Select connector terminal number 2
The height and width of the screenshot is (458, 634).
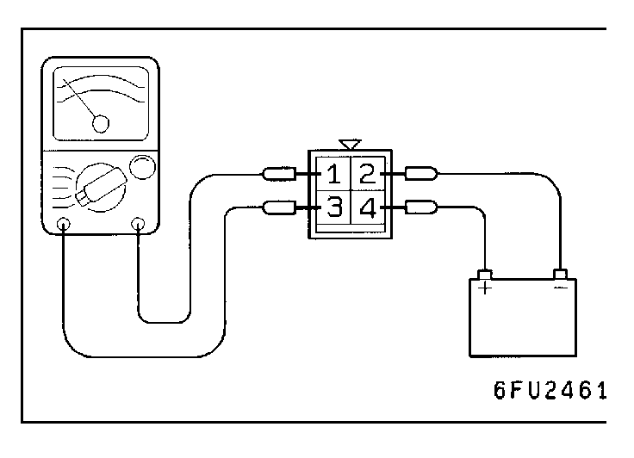(367, 175)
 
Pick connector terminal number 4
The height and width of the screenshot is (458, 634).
(367, 207)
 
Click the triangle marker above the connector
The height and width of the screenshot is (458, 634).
(349, 143)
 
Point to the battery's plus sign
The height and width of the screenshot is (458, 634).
(485, 288)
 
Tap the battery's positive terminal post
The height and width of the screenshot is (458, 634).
(485, 275)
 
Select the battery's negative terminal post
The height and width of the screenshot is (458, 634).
(561, 275)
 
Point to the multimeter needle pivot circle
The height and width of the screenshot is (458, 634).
(102, 125)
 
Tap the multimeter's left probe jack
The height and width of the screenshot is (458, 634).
(64, 226)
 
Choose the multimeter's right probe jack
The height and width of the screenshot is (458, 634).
(137, 226)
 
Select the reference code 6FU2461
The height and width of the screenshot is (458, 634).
(550, 391)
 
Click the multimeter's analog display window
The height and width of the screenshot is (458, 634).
(102, 103)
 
